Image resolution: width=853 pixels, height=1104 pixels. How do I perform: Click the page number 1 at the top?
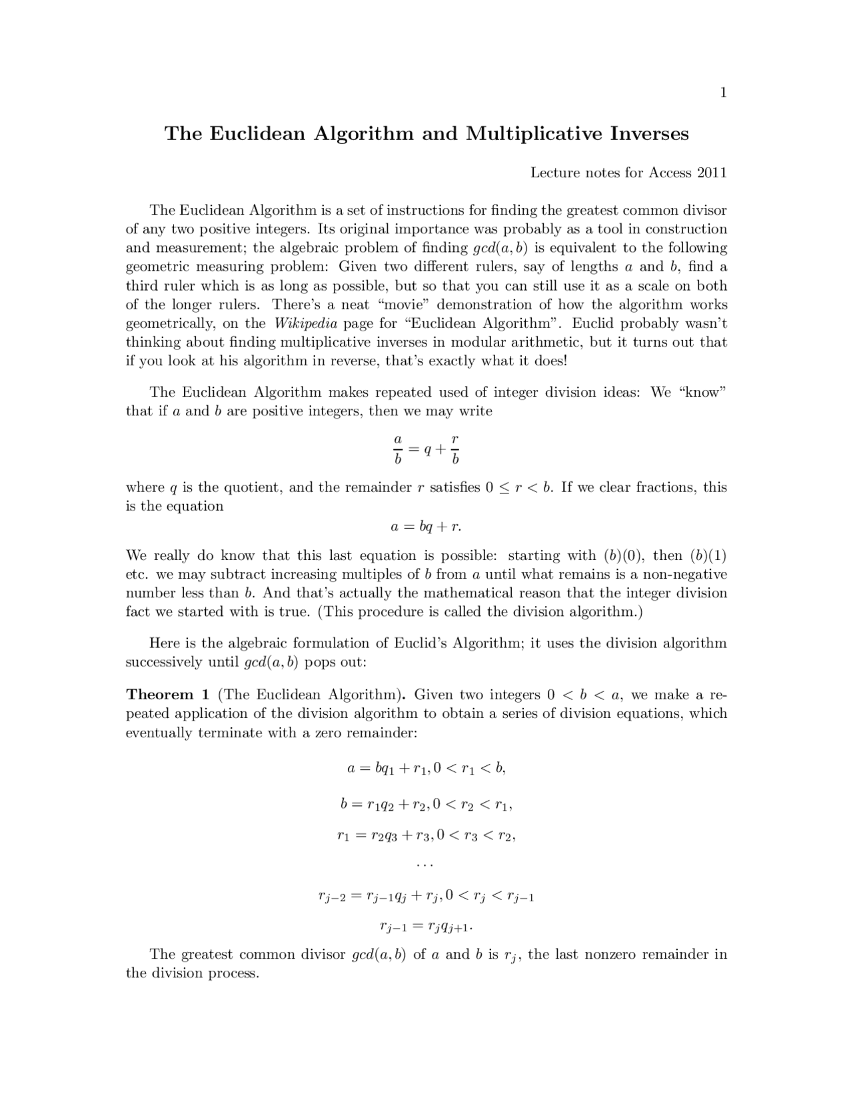[723, 93]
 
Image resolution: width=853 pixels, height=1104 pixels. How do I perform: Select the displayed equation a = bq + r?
[426, 527]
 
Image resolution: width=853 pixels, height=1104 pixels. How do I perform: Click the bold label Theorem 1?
[168, 695]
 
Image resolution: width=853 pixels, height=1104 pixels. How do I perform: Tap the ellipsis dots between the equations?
[425, 865]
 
